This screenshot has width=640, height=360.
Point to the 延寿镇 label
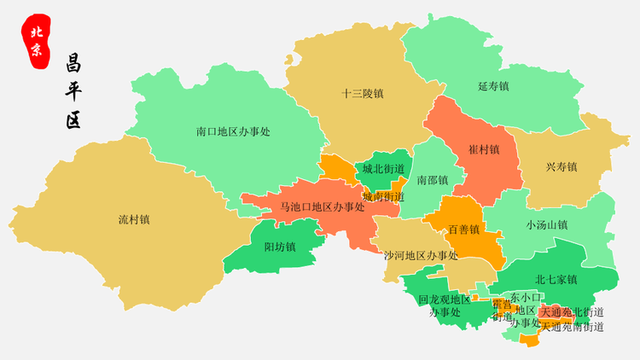493,86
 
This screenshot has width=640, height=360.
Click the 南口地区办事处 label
233,131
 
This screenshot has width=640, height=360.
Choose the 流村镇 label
134,219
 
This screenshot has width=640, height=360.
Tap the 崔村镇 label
484,148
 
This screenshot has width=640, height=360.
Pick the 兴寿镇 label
561,166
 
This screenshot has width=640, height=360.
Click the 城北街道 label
383,169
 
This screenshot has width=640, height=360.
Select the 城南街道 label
383,197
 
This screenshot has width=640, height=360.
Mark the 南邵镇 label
433,180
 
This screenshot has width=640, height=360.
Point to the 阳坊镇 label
280,247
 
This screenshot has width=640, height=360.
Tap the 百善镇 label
464,229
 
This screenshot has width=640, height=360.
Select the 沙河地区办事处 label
421,255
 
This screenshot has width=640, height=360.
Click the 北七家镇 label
556,279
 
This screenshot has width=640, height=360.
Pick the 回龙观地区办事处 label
445,305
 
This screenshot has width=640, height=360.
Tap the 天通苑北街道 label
573,312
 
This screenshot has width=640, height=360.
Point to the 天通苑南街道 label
573,326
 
